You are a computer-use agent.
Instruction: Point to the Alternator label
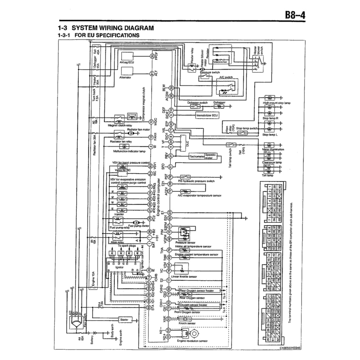click(x=126, y=77)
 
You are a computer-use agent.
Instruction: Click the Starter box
click(x=124, y=320)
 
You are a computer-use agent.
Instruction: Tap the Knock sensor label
click(x=187, y=323)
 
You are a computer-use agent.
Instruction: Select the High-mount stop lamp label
click(x=277, y=103)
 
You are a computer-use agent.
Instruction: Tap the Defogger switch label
click(x=198, y=103)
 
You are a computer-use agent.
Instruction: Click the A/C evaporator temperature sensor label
click(x=199, y=195)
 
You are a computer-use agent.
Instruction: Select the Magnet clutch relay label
click(x=120, y=124)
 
